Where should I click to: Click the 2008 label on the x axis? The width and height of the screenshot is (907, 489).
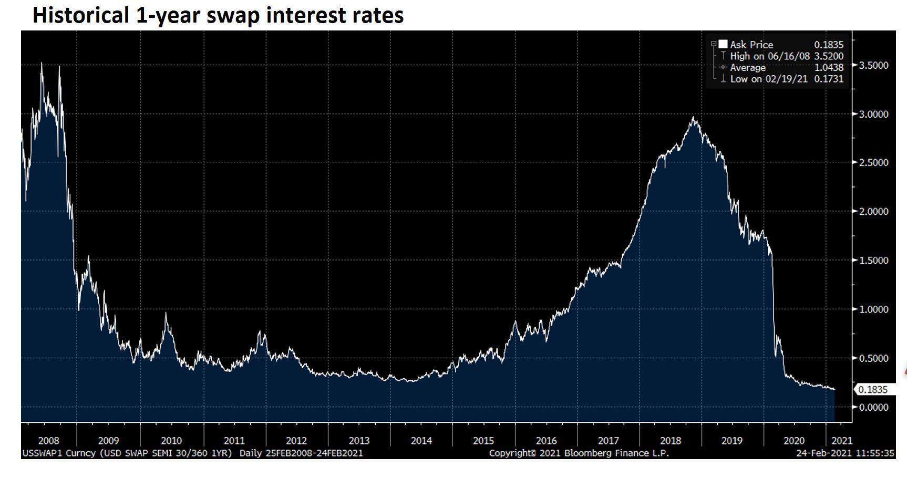49,441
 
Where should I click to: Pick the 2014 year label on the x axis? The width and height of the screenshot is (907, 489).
421,441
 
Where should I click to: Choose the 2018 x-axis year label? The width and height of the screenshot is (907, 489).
671,441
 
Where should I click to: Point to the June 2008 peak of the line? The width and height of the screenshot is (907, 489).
42,64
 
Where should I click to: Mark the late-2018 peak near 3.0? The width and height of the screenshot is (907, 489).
694,117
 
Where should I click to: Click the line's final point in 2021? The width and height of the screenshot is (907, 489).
834,389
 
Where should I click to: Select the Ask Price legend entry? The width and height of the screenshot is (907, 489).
751,45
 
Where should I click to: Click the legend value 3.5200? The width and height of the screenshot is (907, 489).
829,56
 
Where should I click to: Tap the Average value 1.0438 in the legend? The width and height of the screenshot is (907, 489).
829,68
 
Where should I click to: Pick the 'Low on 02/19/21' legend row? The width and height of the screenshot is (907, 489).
768,79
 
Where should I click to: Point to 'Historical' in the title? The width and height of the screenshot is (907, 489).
80,15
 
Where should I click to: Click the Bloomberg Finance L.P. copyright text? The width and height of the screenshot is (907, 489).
579,453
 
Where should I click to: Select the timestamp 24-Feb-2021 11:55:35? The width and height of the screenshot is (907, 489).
846,453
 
